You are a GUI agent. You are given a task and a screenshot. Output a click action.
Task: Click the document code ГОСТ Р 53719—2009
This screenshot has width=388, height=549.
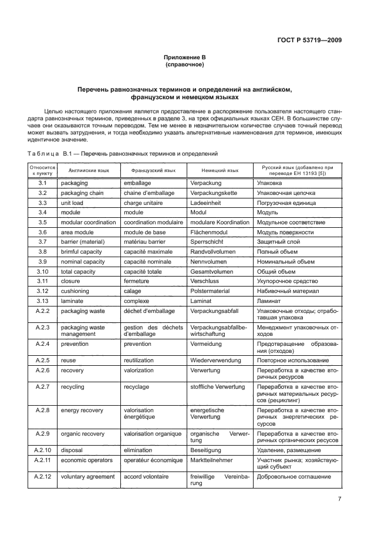tap(309, 41)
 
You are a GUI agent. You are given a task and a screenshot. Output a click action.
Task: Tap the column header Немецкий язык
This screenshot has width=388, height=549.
tap(220, 171)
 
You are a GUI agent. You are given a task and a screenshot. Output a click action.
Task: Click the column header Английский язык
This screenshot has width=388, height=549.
tap(88, 171)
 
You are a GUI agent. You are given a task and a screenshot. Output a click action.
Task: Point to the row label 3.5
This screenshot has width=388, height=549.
tap(42, 223)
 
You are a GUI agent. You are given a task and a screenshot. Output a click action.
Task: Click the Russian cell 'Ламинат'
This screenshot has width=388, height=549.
tap(270, 301)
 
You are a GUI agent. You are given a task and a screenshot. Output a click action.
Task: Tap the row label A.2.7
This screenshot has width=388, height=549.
tap(42, 387)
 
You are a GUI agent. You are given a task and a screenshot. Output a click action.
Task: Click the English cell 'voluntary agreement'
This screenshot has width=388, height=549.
tap(87, 477)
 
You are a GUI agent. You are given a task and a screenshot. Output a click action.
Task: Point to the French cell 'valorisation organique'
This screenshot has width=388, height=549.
tap(153, 434)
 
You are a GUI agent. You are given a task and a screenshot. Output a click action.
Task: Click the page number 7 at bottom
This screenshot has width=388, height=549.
tap(340, 500)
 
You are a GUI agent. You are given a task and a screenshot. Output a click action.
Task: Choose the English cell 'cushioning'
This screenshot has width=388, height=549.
tap(76, 291)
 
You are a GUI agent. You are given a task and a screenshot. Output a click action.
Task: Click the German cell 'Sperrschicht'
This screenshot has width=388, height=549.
tap(207, 242)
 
